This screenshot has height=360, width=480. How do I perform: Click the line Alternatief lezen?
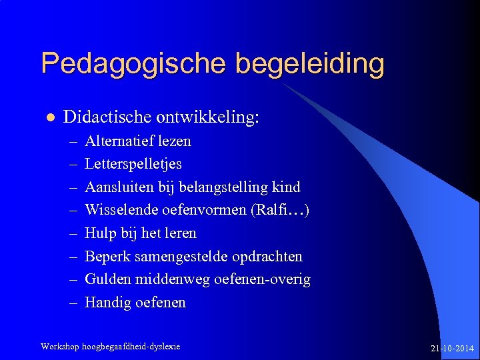(x=138, y=141)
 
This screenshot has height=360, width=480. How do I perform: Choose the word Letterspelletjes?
(x=133, y=164)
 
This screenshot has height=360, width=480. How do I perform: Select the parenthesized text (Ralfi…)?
(x=279, y=210)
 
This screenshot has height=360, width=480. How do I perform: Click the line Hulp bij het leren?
(x=141, y=233)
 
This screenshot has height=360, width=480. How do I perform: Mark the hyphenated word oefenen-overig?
(x=262, y=279)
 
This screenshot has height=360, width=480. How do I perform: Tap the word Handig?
(x=107, y=303)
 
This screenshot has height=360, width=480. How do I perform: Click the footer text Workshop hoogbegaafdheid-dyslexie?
(x=110, y=346)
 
